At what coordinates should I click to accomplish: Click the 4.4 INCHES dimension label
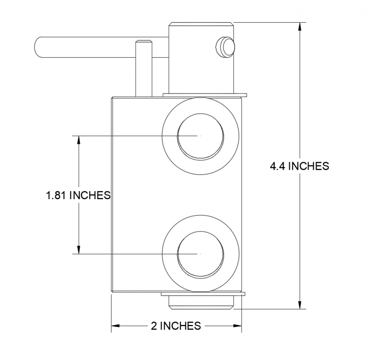point(299,166)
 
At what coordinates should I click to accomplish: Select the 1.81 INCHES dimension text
point(78,195)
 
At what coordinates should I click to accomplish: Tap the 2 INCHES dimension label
point(176,326)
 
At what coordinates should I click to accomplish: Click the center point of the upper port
point(200,136)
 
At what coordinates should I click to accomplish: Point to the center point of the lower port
point(200,254)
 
